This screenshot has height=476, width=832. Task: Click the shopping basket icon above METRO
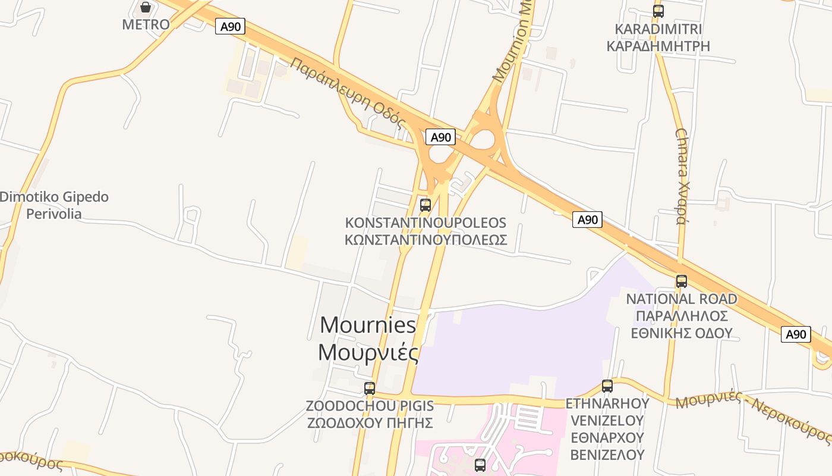[x=146, y=7]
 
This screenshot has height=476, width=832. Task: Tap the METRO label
[x=146, y=24]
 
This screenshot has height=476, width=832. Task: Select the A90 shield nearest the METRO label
[x=230, y=26]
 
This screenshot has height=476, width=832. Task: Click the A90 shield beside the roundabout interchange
[x=440, y=137]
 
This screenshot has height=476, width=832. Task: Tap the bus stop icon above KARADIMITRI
[x=658, y=11]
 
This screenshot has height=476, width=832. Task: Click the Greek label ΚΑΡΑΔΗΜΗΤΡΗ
[x=658, y=46]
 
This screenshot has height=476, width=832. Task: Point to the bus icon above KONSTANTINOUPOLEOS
[x=426, y=205]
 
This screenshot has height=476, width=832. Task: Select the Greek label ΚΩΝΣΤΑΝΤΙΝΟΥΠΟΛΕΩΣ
[x=426, y=240]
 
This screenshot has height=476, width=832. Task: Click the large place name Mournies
[x=368, y=325]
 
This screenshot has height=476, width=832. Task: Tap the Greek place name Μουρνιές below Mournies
[x=368, y=352]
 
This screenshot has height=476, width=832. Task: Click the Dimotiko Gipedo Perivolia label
[x=55, y=205]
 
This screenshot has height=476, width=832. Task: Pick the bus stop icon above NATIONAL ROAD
[x=682, y=281]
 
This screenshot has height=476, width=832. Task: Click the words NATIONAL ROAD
[x=682, y=299]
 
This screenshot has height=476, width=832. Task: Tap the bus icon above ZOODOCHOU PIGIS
[x=370, y=389]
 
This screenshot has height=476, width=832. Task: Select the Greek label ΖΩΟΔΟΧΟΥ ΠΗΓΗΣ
[x=370, y=423]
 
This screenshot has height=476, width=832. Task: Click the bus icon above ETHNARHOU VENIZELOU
[x=607, y=386]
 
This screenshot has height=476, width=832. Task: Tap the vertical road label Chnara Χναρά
[x=682, y=176]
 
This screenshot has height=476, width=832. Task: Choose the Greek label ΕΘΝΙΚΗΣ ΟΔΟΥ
[x=682, y=333]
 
